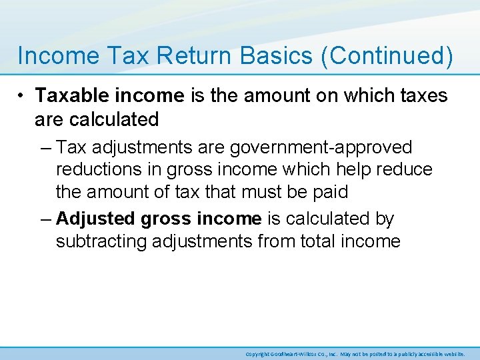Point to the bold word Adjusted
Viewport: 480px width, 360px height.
click(x=95, y=218)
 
